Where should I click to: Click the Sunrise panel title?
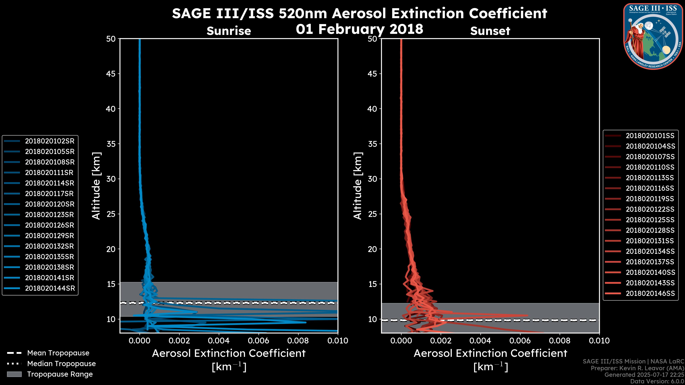click(x=229, y=31)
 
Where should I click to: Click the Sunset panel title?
click(x=490, y=31)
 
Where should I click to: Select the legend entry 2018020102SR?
click(x=50, y=141)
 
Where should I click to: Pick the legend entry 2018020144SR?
click(x=50, y=288)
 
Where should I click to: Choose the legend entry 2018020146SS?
click(x=650, y=293)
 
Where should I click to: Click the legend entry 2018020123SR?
click(x=50, y=215)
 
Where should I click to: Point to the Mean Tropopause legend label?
click(x=58, y=353)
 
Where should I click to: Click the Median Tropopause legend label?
click(x=61, y=364)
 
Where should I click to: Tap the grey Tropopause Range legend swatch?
click(x=14, y=374)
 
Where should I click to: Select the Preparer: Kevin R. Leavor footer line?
click(x=637, y=368)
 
